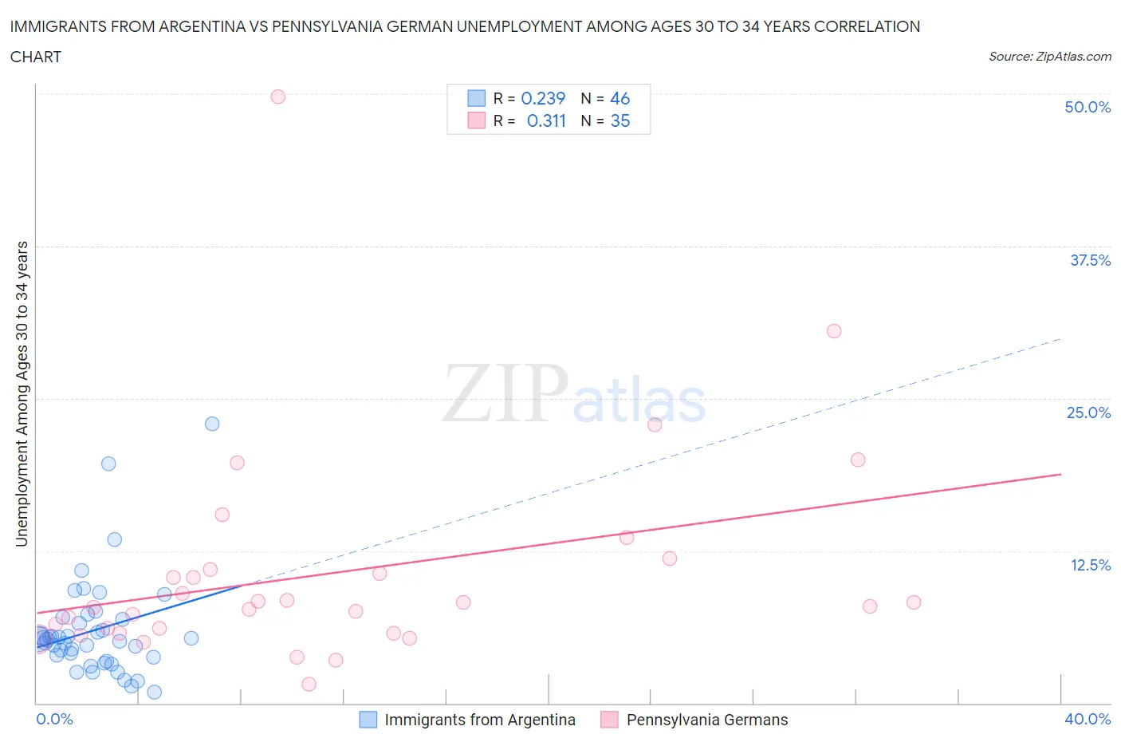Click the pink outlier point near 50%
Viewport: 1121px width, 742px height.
pyautogui.click(x=277, y=97)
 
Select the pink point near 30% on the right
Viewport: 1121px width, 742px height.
pyautogui.click(x=834, y=331)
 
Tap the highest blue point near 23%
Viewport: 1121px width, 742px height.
pyautogui.click(x=212, y=424)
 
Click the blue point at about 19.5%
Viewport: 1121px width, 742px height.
pyautogui.click(x=108, y=464)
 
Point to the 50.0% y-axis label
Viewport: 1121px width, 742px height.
pyautogui.click(x=1088, y=107)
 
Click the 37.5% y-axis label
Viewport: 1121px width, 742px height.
pyautogui.click(x=1090, y=260)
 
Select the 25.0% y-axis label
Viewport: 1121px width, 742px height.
pyautogui.click(x=1088, y=412)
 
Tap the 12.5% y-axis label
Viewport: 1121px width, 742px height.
pyautogui.click(x=1090, y=565)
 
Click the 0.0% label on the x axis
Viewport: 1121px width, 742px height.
pyautogui.click(x=54, y=719)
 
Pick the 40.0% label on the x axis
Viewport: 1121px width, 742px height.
pyautogui.click(x=1088, y=719)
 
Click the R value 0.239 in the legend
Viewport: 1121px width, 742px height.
pyautogui.click(x=543, y=98)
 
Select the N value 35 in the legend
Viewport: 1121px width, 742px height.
pyautogui.click(x=620, y=120)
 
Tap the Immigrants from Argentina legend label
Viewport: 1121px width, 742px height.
pyautogui.click(x=480, y=720)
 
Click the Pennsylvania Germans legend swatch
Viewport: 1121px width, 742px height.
pyautogui.click(x=609, y=720)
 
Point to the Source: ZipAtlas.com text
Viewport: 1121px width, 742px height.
pyautogui.click(x=1049, y=57)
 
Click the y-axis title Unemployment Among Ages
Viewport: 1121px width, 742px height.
pyautogui.click(x=22, y=393)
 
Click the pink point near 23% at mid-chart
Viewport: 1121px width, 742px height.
pyautogui.click(x=655, y=424)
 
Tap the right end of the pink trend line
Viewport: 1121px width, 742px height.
pyautogui.click(x=1060, y=475)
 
